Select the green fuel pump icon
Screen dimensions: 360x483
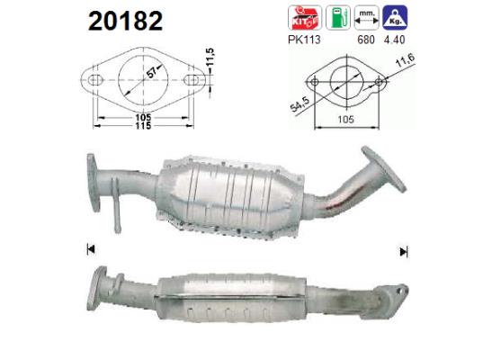click(335, 17)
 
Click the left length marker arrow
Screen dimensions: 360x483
click(89, 249)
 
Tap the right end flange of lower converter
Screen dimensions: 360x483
click(390, 287)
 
